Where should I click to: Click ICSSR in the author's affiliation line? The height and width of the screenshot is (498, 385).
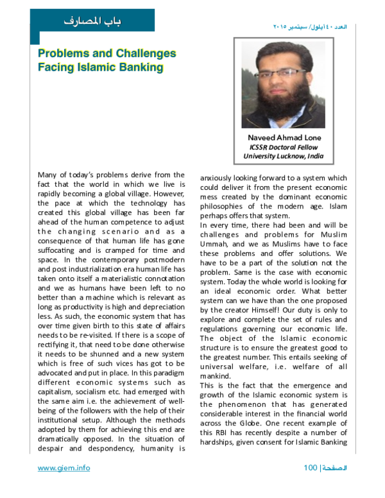pyautogui.click(x=261, y=147)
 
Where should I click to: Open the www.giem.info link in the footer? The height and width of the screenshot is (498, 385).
pyautogui.click(x=64, y=468)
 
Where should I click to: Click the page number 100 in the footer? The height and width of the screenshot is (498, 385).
pyautogui.click(x=311, y=468)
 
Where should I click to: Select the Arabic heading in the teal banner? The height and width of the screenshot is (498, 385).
pyautogui.click(x=92, y=21)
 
